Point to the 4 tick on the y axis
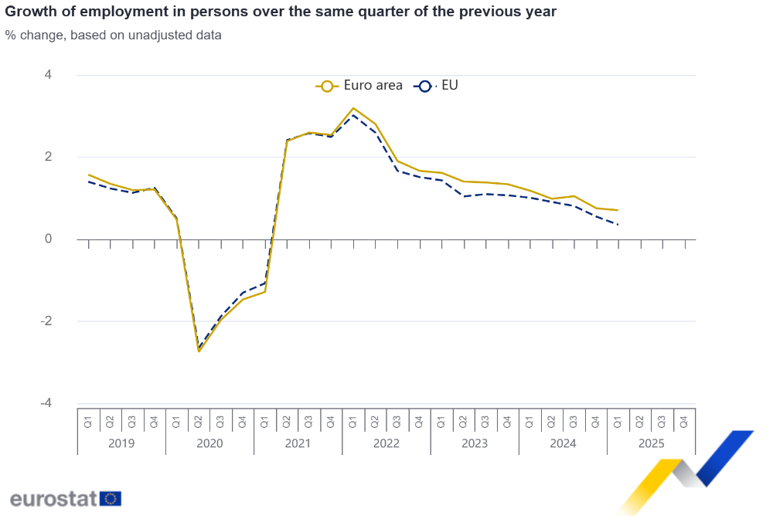(48, 75)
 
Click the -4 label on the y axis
(46, 403)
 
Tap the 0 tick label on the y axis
(48, 239)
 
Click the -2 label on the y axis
(46, 321)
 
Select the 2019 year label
(121, 443)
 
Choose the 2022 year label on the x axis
(386, 443)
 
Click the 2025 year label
(651, 443)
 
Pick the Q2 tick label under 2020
(199, 422)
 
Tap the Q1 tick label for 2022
(353, 422)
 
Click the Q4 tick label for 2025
(684, 422)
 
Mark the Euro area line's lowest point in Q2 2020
(199, 351)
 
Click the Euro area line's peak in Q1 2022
(353, 108)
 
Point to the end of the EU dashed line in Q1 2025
(618, 225)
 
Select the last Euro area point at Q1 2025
(618, 210)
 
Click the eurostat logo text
(53, 498)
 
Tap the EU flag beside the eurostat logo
(111, 498)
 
